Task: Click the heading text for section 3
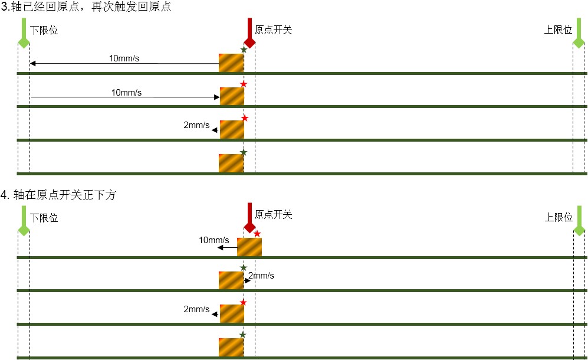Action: coord(86,6)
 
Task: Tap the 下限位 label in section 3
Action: coord(44,30)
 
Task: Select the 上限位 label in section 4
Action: coord(559,217)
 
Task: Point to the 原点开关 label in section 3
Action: coord(274,30)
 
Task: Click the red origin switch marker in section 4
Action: coord(249,218)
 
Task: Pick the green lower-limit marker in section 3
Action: coord(24,33)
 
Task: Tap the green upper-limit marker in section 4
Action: coord(579,221)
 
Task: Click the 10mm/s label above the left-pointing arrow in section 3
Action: coord(124,58)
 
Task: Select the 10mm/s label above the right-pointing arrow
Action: coord(126,92)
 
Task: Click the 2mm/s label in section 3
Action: coord(196,125)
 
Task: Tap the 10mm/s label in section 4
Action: coord(213,240)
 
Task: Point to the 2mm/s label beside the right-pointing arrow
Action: coord(261,276)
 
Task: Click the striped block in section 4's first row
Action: coord(249,247)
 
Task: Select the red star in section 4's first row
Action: coord(257,234)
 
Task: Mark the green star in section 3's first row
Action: coord(244,50)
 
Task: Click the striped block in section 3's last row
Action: coord(231,163)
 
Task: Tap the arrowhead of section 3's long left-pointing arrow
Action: coord(32,63)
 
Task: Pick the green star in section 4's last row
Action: coord(242,335)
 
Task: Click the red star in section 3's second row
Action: coord(244,84)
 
